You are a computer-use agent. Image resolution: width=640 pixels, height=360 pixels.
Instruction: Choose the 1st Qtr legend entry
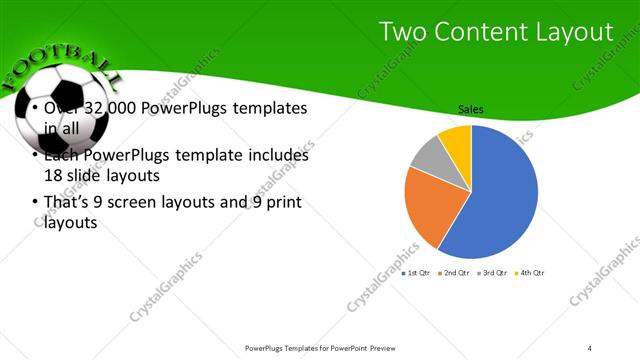pos(417,273)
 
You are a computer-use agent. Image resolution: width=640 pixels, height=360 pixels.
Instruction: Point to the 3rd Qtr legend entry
pos(492,273)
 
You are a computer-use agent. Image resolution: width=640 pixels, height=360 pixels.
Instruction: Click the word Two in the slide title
pos(402,33)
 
